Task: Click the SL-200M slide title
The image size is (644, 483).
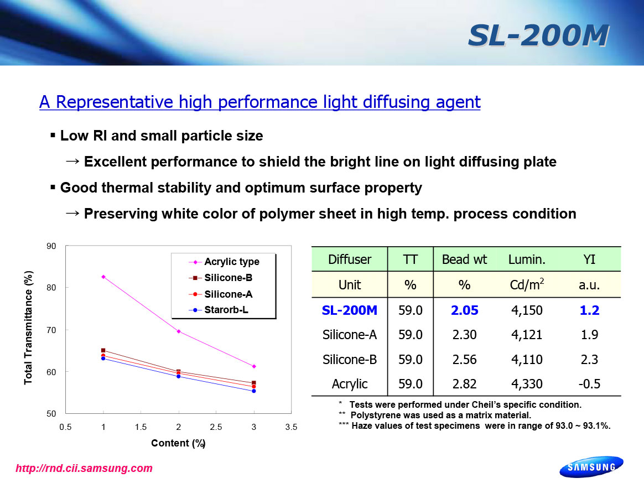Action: (538, 36)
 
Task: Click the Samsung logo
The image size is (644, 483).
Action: (591, 467)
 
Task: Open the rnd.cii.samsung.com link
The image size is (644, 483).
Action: (84, 469)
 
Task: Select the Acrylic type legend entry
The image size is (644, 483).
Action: (231, 262)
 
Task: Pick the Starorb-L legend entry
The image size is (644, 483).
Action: (226, 310)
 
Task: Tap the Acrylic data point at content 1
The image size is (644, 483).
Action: (103, 277)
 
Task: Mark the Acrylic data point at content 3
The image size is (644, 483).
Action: (254, 366)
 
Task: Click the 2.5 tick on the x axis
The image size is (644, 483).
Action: (216, 427)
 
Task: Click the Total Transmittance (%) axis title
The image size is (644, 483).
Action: (28, 328)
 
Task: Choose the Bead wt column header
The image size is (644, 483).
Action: (464, 259)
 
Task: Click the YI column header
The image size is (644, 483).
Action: (589, 259)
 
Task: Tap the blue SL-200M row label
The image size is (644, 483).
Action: (350, 310)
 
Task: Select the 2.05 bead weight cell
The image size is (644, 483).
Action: (464, 310)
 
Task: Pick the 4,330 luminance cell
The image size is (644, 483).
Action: (527, 383)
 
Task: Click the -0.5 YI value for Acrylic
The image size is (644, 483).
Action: (589, 383)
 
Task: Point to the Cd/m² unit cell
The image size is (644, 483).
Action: (527, 285)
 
